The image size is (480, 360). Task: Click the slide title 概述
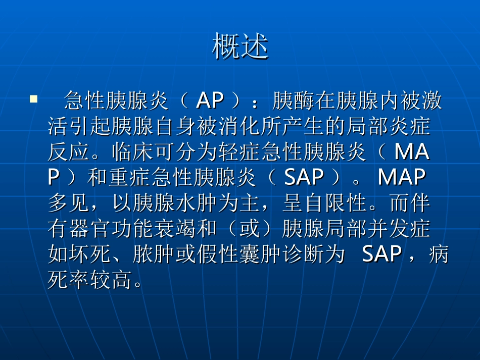click(240, 46)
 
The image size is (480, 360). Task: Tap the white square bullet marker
click(34, 99)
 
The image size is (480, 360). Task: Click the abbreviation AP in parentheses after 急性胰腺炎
click(210, 101)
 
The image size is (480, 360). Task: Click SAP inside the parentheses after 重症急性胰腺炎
click(304, 177)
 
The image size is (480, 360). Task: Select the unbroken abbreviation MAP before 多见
click(402, 177)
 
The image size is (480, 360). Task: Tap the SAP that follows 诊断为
click(381, 254)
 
